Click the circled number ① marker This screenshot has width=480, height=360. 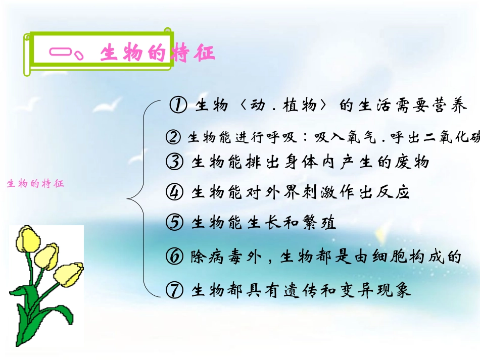point(178,106)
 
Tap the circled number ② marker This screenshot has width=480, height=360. point(173,137)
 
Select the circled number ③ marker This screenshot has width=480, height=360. point(174,162)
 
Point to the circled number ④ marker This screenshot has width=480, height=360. point(174,192)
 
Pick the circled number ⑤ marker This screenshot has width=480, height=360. point(174,222)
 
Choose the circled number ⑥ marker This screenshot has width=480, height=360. point(174,256)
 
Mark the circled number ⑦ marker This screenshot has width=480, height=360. point(174,290)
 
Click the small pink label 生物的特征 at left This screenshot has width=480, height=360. point(35,184)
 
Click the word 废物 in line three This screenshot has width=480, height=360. point(413,162)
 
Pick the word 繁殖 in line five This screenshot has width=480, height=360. point(320,223)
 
